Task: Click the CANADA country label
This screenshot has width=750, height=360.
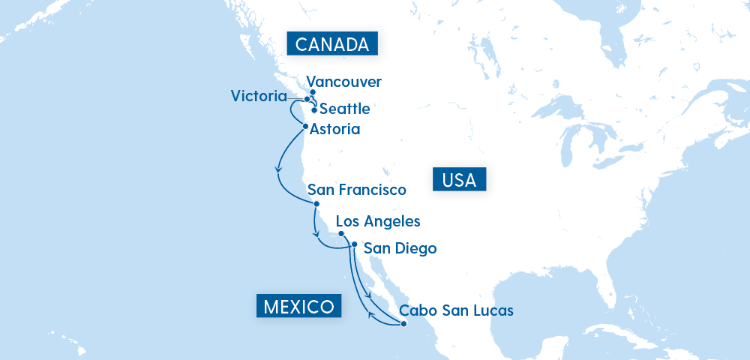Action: (x=332, y=44)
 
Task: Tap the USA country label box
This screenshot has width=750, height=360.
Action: (x=460, y=180)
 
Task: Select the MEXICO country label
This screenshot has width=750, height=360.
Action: (x=298, y=306)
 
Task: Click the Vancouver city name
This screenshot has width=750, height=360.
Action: (x=344, y=82)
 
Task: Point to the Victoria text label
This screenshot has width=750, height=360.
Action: (x=259, y=96)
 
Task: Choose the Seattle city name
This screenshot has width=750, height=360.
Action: (x=344, y=109)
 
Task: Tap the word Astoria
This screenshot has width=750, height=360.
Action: (x=335, y=129)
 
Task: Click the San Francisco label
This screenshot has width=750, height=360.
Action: (x=356, y=190)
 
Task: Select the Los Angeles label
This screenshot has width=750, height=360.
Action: (x=378, y=221)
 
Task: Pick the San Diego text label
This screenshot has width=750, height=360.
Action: (x=399, y=248)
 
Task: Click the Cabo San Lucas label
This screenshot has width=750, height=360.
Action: (x=456, y=310)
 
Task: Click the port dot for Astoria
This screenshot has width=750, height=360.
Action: (x=305, y=126)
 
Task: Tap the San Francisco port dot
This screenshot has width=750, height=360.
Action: (x=316, y=203)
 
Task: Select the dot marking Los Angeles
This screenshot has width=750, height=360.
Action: (x=341, y=233)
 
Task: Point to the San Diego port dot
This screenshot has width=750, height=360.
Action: (x=354, y=244)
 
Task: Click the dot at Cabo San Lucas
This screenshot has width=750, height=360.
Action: (x=403, y=324)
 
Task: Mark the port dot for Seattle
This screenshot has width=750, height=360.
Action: (x=313, y=110)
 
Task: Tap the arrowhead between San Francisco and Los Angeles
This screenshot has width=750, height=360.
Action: (x=315, y=230)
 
